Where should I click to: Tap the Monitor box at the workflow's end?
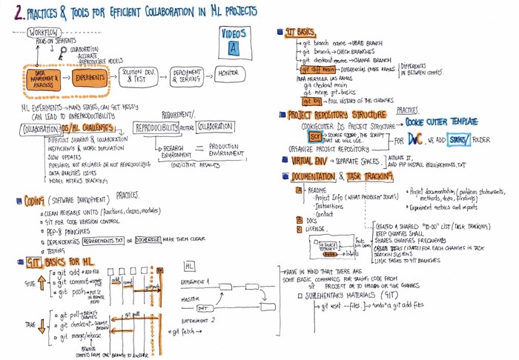click(x=225, y=74)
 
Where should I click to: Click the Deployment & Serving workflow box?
click(x=182, y=76)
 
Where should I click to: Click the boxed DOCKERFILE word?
click(x=152, y=241)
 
